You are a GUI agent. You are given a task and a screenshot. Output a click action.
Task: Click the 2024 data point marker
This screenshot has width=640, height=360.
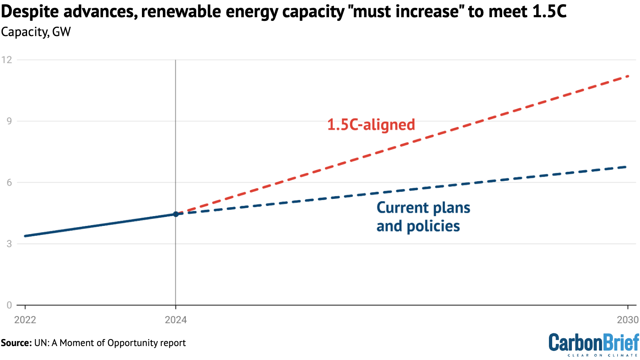(x=176, y=214)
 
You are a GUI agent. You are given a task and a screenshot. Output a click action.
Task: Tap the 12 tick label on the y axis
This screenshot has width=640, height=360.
(x=7, y=60)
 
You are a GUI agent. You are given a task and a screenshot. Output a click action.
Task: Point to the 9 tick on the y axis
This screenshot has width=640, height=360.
(x=9, y=121)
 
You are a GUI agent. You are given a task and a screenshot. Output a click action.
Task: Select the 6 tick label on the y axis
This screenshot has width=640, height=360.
(x=9, y=182)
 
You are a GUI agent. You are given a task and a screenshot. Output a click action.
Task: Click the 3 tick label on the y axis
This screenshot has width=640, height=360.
(x=9, y=244)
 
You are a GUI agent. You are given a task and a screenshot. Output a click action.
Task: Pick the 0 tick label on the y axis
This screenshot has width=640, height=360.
(x=9, y=305)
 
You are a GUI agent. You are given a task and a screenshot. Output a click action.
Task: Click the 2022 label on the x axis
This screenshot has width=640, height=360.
(x=25, y=320)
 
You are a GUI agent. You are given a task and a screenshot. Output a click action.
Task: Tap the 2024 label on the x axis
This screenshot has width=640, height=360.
(x=176, y=320)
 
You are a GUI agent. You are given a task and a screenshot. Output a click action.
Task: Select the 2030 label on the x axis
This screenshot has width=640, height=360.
(x=628, y=320)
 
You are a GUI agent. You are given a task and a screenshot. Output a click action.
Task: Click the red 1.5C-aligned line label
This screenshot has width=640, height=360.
(x=371, y=125)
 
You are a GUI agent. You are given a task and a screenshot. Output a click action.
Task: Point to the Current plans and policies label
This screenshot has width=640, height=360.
(x=423, y=217)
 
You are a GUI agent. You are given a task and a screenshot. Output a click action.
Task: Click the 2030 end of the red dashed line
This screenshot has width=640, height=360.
(x=628, y=76)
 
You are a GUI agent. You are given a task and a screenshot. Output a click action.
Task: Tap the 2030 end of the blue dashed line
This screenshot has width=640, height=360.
(x=626, y=167)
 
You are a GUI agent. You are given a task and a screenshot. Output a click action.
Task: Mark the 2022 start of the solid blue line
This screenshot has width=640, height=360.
(x=25, y=236)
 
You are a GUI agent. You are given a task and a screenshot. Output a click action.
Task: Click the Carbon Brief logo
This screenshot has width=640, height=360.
(x=594, y=344)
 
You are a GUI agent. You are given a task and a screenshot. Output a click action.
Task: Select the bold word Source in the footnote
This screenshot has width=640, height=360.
(x=16, y=343)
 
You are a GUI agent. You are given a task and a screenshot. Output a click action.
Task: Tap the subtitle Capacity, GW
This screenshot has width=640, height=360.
(x=36, y=32)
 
